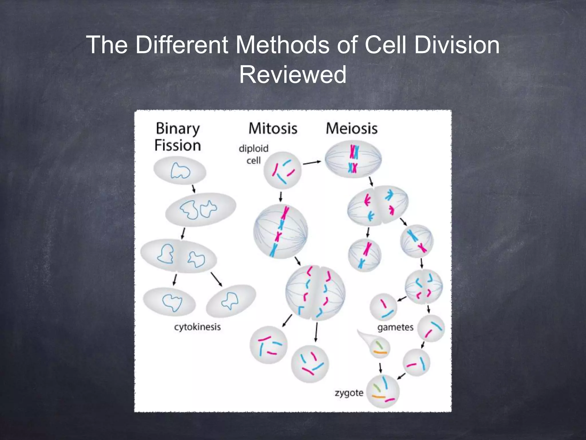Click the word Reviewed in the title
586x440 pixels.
[x=292, y=75]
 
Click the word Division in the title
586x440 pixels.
[x=457, y=45]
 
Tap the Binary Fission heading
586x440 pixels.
[x=177, y=137]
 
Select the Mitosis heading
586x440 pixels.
[x=273, y=128]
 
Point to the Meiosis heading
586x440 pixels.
[x=352, y=128]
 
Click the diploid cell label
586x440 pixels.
[x=254, y=154]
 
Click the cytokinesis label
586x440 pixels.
[x=197, y=327]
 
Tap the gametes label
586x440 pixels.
[x=395, y=327]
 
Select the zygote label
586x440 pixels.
[x=349, y=393]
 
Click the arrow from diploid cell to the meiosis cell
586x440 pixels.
[x=312, y=163]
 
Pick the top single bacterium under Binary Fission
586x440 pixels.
[x=180, y=171]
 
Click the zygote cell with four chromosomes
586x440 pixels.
[x=383, y=391]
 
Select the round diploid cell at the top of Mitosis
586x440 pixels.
[x=282, y=170]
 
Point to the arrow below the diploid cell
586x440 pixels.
[x=281, y=197]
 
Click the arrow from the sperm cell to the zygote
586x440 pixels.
[x=380, y=368]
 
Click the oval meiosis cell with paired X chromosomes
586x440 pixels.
[x=353, y=160]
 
